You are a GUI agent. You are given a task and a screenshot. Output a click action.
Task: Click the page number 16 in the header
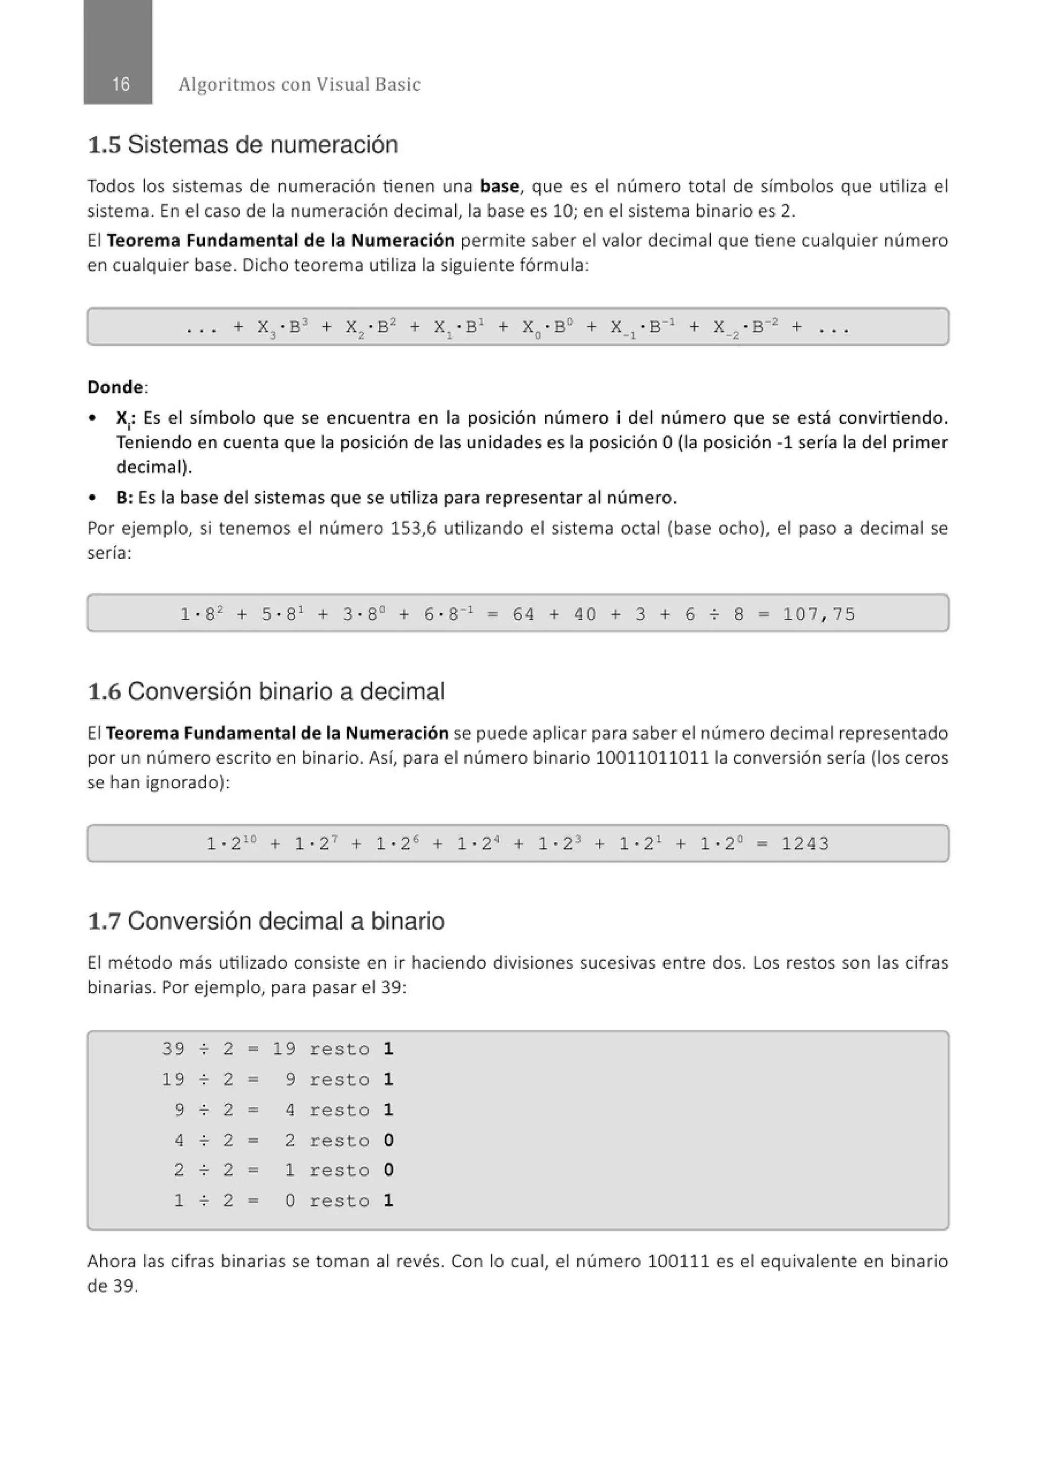120,84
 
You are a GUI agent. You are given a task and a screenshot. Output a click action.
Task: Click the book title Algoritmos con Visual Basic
299,84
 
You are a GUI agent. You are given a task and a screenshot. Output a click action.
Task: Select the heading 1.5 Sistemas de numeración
243,144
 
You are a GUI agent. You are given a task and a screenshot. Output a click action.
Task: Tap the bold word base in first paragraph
499,186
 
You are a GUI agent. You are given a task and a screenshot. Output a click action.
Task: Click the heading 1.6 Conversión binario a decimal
266,692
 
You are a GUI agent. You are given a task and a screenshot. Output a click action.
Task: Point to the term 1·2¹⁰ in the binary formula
231,844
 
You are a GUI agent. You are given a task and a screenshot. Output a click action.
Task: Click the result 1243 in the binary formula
805,844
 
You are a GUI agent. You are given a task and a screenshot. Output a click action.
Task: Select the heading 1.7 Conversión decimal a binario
266,921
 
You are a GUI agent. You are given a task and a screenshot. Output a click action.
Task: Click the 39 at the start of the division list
173,1049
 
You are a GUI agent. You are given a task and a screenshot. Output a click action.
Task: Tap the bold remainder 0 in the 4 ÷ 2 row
388,1140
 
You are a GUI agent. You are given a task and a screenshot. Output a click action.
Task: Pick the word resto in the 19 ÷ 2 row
339,1080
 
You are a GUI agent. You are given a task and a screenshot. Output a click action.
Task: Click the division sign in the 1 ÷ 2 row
204,1201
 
